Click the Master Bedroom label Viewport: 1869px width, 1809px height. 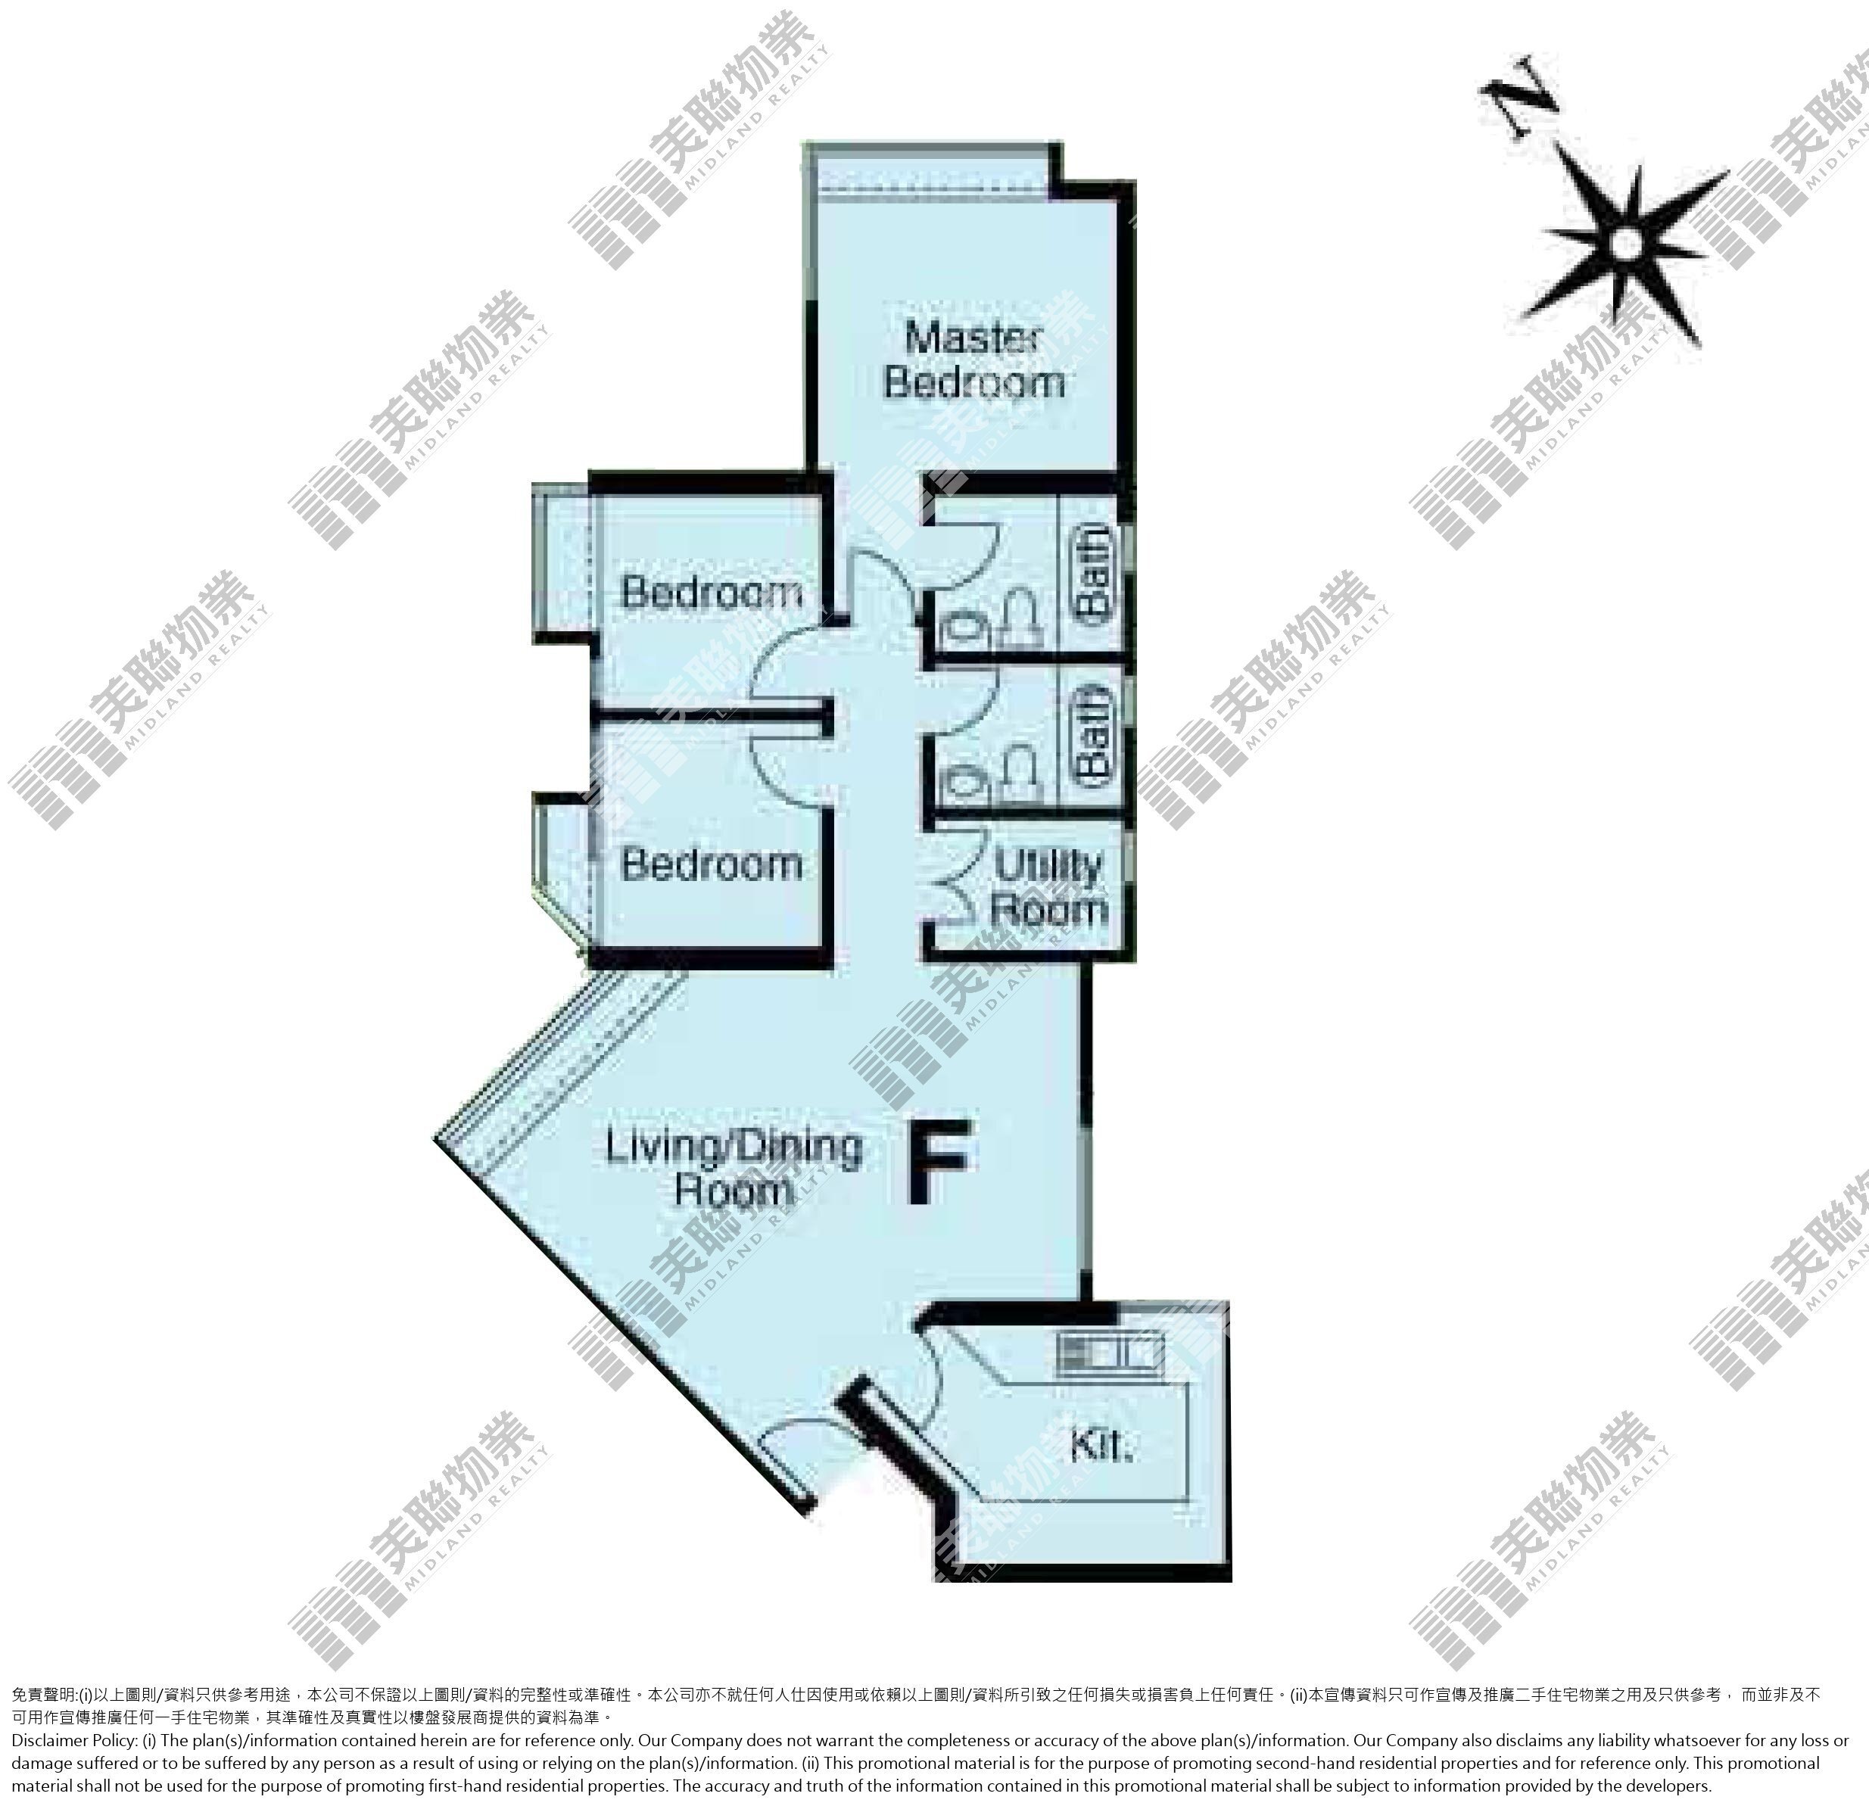click(x=973, y=360)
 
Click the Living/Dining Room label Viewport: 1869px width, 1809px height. click(x=734, y=1168)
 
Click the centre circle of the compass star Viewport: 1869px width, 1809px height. click(x=1627, y=246)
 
